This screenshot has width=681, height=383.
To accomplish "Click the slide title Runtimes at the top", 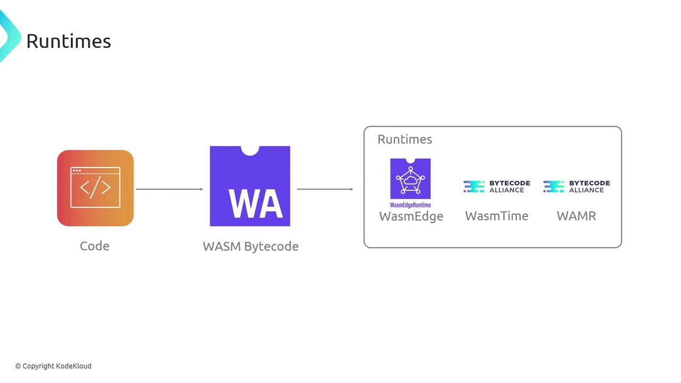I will coord(69,41).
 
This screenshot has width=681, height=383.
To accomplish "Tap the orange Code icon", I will coord(95,188).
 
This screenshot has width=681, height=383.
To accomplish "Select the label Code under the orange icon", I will coord(95,246).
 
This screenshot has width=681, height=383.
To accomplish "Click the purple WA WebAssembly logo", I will coord(250,186).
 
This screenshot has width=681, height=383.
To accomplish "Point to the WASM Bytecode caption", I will coord(251,246).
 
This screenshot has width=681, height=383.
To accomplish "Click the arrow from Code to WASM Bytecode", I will coord(170,189).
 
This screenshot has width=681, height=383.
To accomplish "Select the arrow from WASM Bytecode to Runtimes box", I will coord(325,189).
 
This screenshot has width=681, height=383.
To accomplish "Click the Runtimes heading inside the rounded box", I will coord(405,139).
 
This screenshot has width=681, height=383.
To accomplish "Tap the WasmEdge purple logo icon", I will coord(410,179).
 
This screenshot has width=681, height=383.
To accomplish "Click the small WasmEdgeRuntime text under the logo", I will coord(410,205).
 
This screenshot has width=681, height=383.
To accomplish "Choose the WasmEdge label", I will coord(411,216).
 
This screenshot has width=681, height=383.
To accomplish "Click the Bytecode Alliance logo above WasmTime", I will coord(497,186).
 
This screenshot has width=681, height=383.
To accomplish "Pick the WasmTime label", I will coord(497,216).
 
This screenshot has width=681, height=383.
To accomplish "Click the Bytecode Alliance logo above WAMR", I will coord(577,186).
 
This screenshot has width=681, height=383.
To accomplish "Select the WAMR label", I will coord(576,216).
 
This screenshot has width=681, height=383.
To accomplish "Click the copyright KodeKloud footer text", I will coord(53,366).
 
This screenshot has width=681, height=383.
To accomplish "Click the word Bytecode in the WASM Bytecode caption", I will coord(271,246).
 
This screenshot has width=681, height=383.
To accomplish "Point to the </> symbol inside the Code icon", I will coord(95,188).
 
